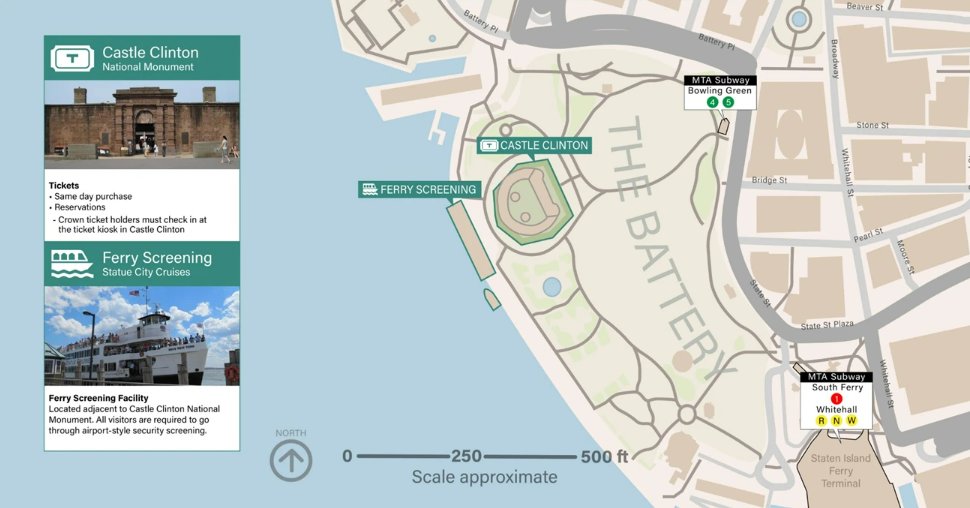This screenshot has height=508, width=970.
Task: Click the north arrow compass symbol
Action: click(291, 460)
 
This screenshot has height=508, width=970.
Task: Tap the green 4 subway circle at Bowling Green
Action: click(712, 102)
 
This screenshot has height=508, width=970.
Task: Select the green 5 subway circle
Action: click(728, 102)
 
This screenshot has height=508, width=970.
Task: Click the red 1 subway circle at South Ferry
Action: click(836, 399)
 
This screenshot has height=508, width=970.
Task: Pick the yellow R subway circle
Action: click(821, 420)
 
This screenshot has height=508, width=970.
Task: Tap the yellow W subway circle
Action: click(852, 420)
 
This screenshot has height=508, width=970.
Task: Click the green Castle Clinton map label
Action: click(534, 146)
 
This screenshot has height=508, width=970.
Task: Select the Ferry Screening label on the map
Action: click(420, 189)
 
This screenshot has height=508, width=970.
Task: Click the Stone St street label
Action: click(872, 126)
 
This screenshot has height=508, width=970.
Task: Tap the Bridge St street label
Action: click(769, 181)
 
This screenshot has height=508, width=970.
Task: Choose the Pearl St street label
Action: click(868, 233)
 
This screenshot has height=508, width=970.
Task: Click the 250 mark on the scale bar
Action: click(466, 456)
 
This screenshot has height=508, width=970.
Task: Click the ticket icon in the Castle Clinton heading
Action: click(71, 58)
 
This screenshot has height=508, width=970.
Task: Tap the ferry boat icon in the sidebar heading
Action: click(72, 264)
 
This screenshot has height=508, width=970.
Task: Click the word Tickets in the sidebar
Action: click(64, 185)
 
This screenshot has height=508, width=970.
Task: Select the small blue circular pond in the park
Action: click(551, 287)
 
